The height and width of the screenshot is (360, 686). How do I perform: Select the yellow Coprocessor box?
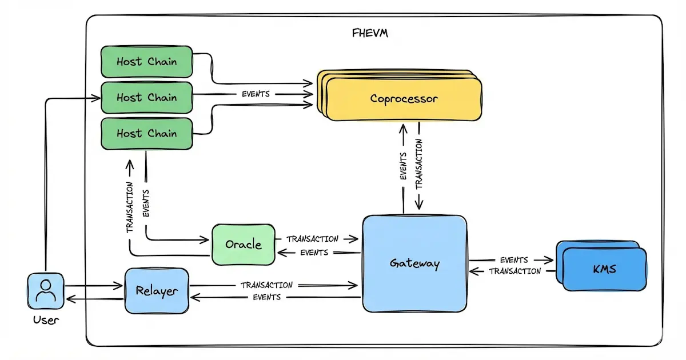click(x=404, y=99)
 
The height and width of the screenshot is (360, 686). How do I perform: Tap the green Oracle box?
click(x=243, y=245)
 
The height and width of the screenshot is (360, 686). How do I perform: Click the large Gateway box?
click(x=414, y=263)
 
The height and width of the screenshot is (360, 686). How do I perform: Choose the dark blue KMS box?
click(x=604, y=269)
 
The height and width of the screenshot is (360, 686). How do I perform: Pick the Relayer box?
click(x=157, y=291)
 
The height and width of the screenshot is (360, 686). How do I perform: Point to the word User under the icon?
click(x=46, y=320)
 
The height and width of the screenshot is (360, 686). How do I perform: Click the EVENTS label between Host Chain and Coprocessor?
click(x=256, y=94)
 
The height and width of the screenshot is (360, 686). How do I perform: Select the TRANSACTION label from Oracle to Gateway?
click(x=312, y=239)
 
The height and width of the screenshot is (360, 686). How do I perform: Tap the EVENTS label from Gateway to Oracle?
click(x=314, y=252)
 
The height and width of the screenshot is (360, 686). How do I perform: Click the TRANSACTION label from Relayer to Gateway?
click(x=266, y=285)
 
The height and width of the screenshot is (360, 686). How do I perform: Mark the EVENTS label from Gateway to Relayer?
click(x=266, y=297)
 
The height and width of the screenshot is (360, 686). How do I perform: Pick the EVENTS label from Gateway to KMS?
click(x=513, y=260)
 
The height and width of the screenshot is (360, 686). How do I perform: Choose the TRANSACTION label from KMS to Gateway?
click(x=514, y=271)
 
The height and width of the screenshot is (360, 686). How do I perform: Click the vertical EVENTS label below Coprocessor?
click(x=404, y=166)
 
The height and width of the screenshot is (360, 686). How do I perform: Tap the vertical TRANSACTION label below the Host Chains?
click(x=130, y=207)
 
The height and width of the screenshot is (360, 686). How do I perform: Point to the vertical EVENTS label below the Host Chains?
click(x=146, y=203)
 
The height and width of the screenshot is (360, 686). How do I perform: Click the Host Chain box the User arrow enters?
click(x=146, y=98)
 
